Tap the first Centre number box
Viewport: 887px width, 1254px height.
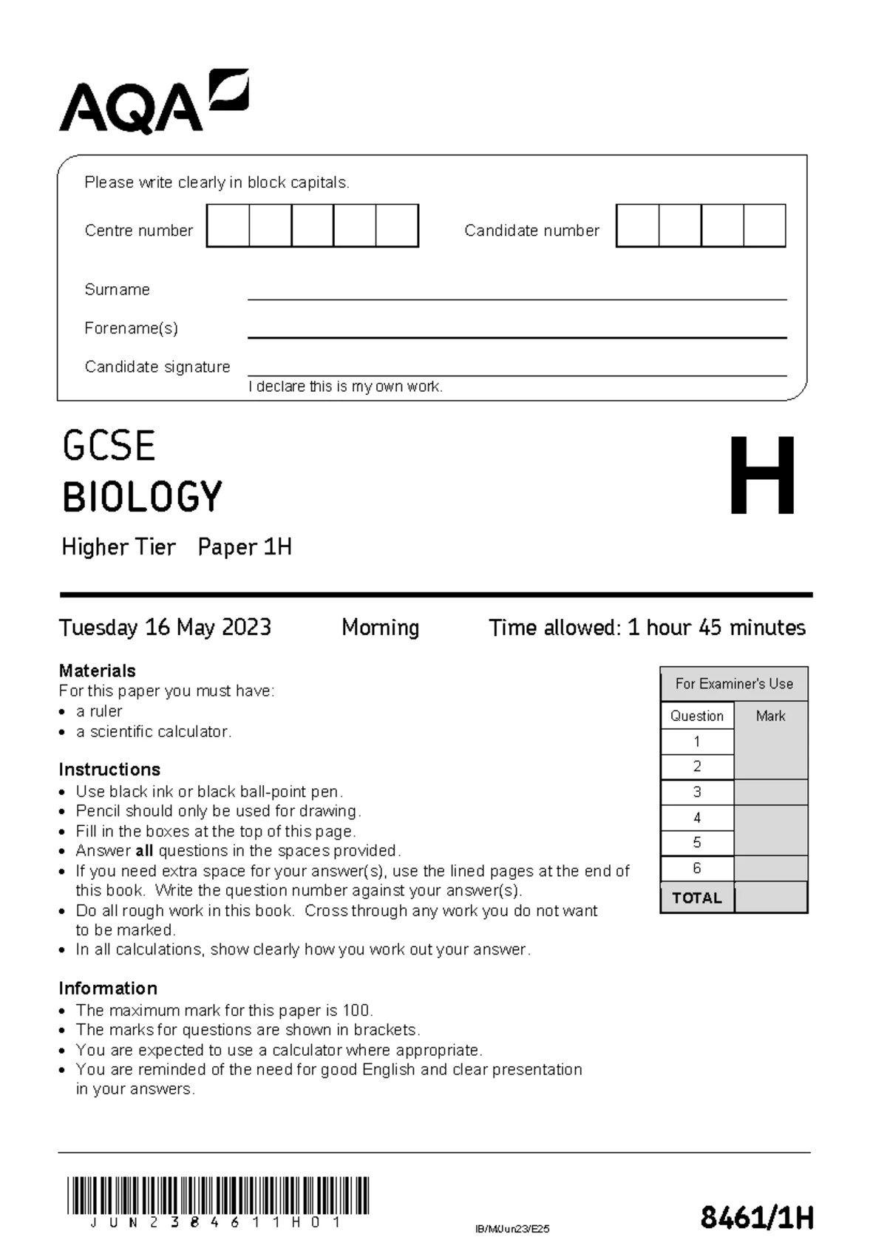point(228,226)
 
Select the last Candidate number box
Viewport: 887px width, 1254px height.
point(764,226)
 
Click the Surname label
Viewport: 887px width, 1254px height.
point(117,290)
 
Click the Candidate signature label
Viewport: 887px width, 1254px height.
point(157,367)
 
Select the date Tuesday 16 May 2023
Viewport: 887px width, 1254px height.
point(165,628)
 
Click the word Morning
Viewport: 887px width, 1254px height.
point(380,628)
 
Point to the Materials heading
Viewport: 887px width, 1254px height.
point(97,671)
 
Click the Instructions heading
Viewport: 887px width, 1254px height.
point(109,769)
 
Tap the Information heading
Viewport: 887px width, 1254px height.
point(108,989)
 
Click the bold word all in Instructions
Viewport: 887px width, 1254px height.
point(144,851)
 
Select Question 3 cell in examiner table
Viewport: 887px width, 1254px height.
point(696,792)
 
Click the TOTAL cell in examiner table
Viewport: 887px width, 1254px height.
point(696,898)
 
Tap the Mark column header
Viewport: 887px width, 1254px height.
point(770,716)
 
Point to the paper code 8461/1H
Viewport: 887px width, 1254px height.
point(756,1217)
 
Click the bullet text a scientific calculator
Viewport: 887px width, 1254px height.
point(154,731)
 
